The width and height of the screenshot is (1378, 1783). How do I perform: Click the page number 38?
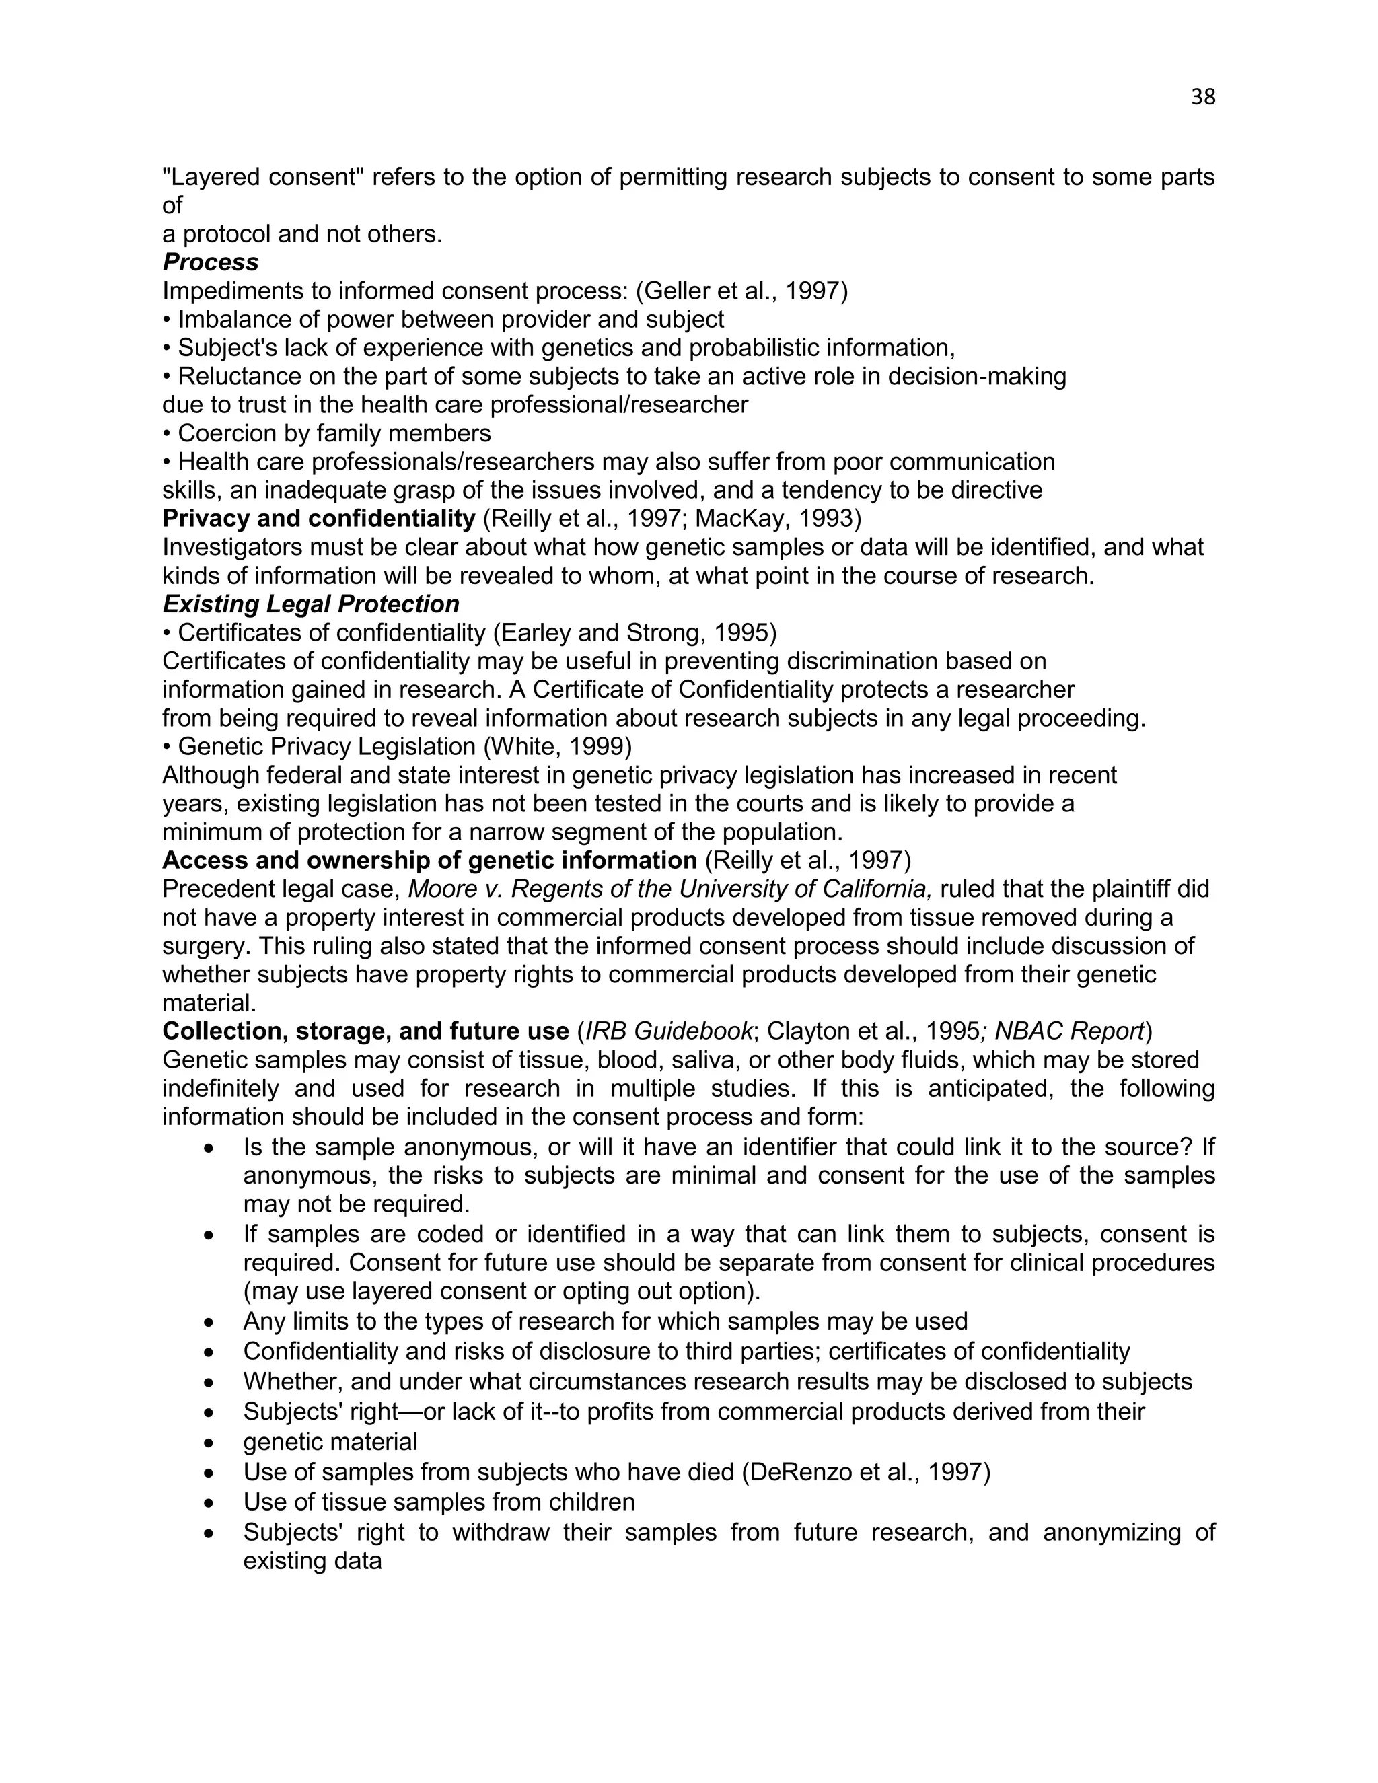(x=1202, y=97)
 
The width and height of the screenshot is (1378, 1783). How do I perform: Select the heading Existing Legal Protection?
(x=310, y=604)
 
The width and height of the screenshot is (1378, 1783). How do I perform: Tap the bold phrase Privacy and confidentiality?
(x=318, y=518)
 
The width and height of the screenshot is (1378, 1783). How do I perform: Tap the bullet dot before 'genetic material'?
(x=211, y=1443)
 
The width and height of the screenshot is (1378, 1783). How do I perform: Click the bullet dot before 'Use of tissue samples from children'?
(x=211, y=1503)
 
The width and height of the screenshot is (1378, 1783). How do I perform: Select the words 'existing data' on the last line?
(x=313, y=1561)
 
